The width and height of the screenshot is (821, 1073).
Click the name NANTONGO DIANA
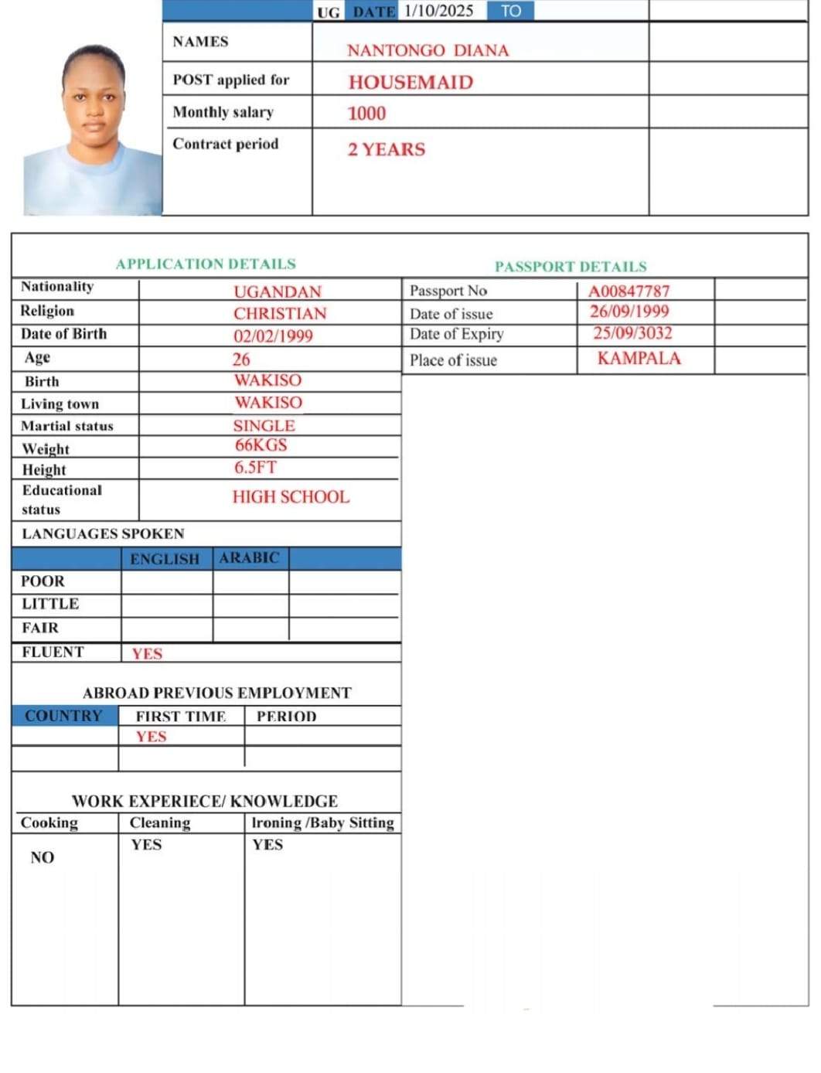428,51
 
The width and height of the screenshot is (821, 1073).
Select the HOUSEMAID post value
410,83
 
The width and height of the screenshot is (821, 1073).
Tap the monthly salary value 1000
366,114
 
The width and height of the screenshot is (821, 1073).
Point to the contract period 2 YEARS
386,149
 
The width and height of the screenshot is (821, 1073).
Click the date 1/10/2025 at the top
438,11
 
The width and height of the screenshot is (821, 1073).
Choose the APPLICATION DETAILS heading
206,264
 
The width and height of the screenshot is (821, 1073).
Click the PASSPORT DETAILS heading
571,267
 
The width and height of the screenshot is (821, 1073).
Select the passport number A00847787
629,291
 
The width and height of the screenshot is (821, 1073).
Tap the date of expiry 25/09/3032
632,333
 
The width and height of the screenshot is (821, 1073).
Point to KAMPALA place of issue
639,359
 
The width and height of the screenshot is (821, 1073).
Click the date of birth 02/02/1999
273,336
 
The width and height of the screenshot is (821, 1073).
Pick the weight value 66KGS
261,445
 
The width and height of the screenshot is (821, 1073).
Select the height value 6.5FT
255,468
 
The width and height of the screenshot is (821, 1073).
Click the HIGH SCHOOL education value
291,497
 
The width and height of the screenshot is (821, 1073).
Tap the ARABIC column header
249,558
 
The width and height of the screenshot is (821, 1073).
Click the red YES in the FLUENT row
147,654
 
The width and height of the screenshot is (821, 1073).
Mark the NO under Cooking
43,857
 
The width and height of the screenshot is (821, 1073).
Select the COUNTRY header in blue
63,716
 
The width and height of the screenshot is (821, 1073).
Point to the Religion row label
47,311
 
